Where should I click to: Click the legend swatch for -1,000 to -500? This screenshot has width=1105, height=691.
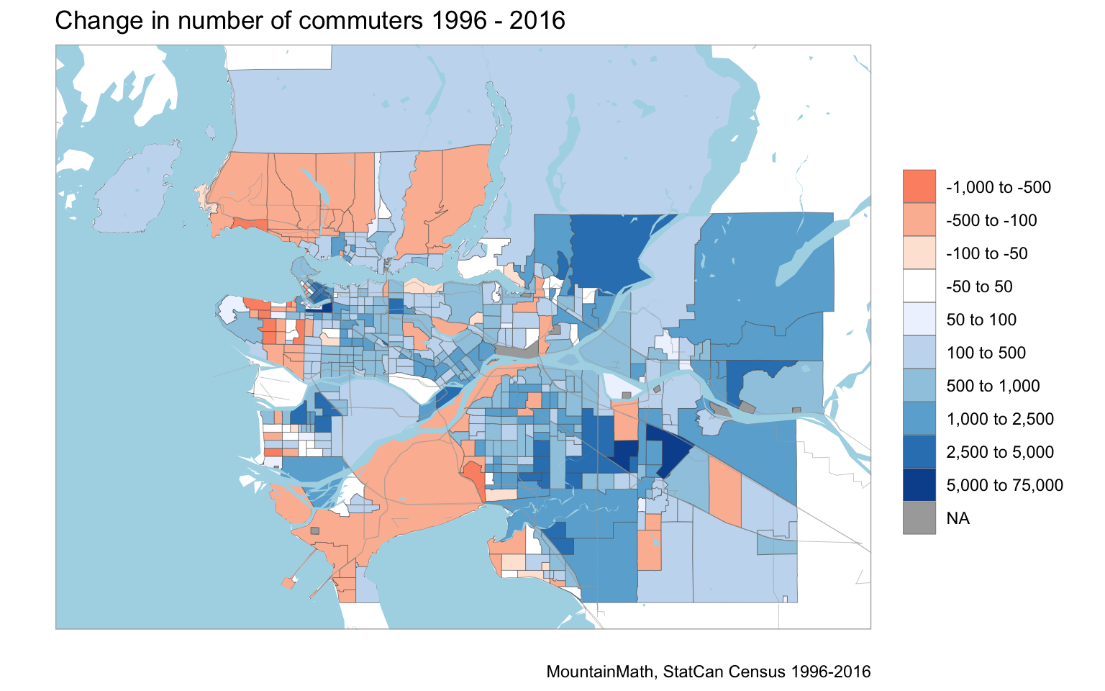[919, 186]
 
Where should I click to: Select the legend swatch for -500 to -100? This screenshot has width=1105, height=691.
[919, 220]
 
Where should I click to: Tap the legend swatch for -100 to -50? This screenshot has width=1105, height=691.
[919, 253]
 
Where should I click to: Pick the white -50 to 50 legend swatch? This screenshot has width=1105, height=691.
[919, 286]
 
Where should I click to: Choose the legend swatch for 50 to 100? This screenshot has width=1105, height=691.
[919, 319]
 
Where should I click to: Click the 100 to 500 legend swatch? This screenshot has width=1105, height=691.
[919, 352]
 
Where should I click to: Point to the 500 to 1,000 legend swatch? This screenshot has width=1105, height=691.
[919, 385]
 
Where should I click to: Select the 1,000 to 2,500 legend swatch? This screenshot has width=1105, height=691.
[919, 418]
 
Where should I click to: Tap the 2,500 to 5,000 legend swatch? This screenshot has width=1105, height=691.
[919, 451]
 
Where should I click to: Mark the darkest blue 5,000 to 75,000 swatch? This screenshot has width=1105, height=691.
[919, 484]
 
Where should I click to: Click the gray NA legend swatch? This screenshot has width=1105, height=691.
[919, 518]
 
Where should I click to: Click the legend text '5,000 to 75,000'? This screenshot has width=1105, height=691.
[1004, 485]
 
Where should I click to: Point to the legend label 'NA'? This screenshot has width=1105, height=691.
[958, 518]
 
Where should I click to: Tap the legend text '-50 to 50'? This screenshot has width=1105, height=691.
[979, 286]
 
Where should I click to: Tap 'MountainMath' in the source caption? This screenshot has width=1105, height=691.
[601, 672]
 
